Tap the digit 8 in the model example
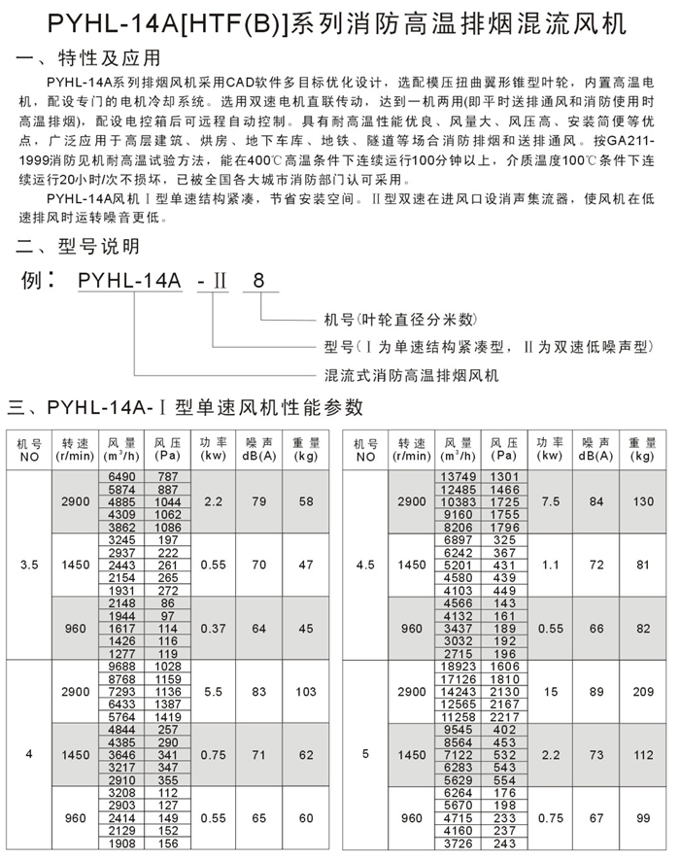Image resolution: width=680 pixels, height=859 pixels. click(257, 283)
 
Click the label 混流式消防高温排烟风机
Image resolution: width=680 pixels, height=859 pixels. click(410, 374)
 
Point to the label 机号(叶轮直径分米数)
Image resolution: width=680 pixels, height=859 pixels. click(399, 319)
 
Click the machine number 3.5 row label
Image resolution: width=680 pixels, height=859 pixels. click(30, 564)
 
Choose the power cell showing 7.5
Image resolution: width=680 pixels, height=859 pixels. click(549, 501)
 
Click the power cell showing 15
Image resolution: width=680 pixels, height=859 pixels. click(549, 692)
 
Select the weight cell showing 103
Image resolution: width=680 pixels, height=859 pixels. click(306, 692)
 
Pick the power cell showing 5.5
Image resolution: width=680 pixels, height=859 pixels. click(215, 692)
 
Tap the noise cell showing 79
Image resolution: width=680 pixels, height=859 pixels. click(259, 501)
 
